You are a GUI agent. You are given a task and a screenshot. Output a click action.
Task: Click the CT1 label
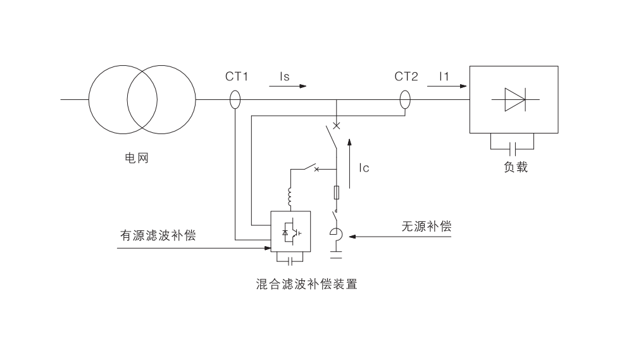tap(237, 77)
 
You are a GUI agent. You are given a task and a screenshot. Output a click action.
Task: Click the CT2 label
tap(406, 77)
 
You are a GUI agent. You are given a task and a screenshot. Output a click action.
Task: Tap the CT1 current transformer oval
tap(234, 100)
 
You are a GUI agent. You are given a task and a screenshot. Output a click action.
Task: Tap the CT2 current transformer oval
tap(405, 100)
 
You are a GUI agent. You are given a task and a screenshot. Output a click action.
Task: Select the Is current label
tap(285, 77)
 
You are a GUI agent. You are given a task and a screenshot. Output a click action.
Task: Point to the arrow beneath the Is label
tap(287, 86)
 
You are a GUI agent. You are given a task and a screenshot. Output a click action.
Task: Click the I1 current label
tap(445, 77)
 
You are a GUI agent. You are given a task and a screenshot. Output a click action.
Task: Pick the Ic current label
tap(363, 168)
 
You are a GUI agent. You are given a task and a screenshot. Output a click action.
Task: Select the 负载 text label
tap(515, 168)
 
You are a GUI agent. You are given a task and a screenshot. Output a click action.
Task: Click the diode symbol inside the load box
tap(513, 100)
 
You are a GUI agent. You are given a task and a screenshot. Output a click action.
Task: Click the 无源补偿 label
tap(426, 227)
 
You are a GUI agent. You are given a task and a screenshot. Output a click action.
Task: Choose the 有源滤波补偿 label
tap(158, 235)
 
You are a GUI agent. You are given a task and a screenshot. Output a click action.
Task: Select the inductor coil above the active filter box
tap(290, 198)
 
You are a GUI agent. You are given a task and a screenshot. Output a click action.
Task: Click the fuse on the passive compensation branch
tap(336, 192)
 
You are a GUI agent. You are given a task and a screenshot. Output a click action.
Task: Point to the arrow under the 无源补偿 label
tap(380, 237)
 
